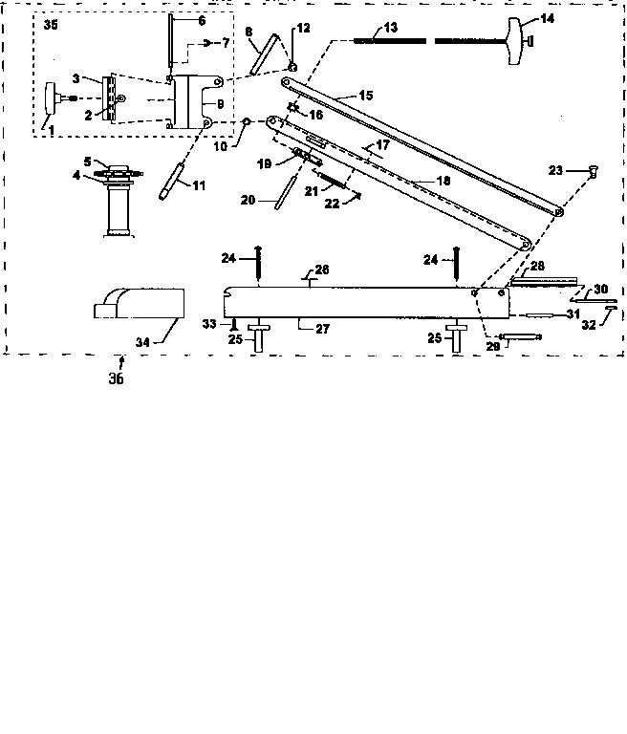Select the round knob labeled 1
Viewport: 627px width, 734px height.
[53, 97]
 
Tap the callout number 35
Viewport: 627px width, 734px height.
[50, 26]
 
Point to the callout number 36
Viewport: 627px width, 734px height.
[117, 378]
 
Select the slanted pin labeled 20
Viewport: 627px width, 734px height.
[279, 195]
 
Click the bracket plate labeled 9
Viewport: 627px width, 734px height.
[199, 104]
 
